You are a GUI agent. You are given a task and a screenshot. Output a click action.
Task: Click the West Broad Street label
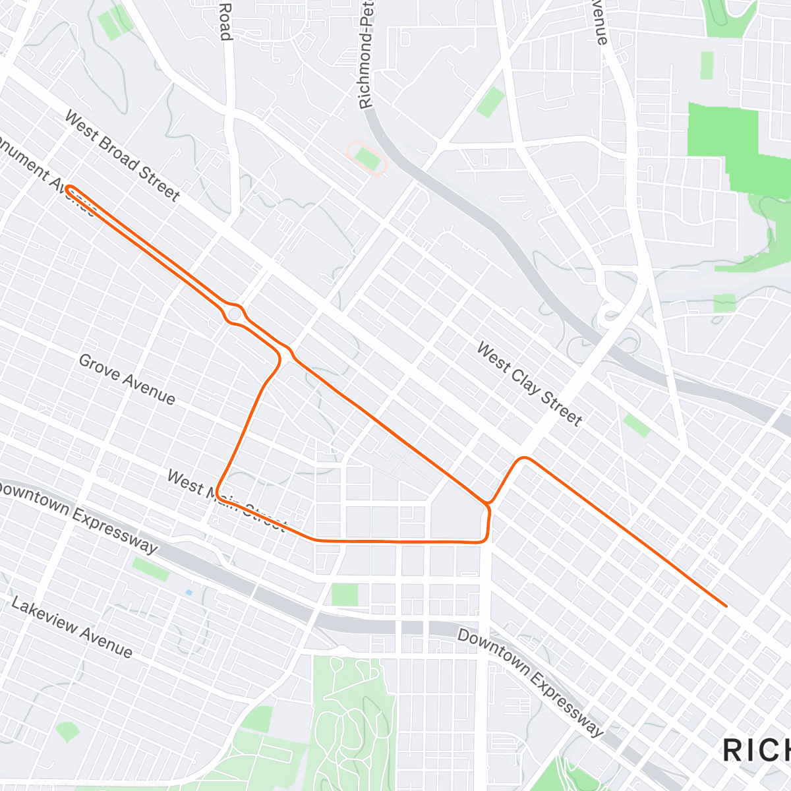122,156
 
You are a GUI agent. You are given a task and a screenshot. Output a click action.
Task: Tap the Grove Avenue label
127,380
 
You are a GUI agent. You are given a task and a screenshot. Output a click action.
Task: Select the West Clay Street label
529,384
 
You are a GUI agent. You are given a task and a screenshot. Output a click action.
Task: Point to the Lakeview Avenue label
72,628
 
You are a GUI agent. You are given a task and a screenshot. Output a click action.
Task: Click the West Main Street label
226,500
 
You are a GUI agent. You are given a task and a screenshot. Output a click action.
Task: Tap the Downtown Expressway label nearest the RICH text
530,683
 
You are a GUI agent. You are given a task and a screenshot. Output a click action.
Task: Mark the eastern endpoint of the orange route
726,605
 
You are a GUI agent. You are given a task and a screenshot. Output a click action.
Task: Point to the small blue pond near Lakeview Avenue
189,593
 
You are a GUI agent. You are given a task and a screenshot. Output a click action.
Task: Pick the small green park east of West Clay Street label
637,425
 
